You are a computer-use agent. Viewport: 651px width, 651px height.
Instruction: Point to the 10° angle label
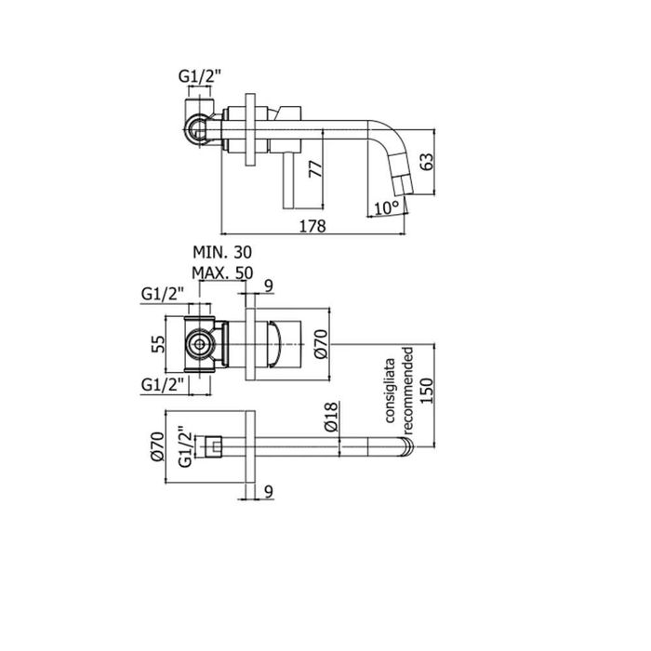pyautogui.click(x=386, y=206)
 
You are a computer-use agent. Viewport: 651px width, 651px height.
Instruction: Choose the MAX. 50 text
pyautogui.click(x=222, y=272)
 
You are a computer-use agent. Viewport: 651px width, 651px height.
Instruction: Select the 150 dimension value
pyautogui.click(x=428, y=387)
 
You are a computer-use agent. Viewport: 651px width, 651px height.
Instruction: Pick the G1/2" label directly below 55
pyautogui.click(x=163, y=383)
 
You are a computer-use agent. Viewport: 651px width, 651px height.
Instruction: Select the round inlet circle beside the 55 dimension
pyautogui.click(x=197, y=344)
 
